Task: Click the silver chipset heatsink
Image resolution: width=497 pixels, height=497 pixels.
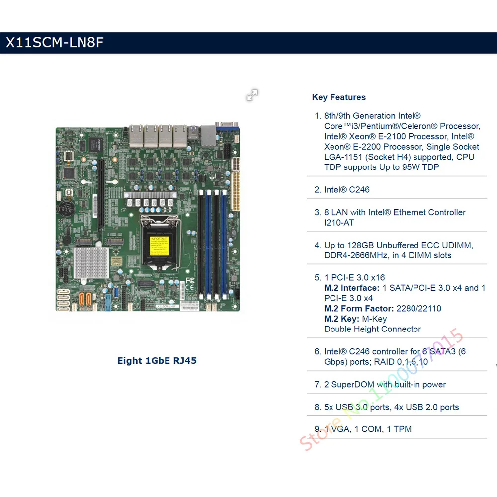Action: tap(91, 262)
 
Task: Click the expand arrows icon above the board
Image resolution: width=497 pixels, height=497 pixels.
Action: tap(252, 95)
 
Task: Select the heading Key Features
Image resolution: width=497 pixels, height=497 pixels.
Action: tap(338, 97)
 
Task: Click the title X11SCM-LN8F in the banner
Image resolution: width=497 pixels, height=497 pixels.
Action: tap(54, 43)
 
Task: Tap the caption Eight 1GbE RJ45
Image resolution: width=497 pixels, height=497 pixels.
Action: tap(157, 360)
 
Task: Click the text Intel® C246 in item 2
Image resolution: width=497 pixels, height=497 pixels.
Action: tap(347, 189)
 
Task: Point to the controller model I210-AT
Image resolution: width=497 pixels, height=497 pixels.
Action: tap(339, 223)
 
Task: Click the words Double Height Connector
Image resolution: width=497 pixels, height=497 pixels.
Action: tap(372, 329)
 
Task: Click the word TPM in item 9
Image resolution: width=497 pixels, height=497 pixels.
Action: tap(402, 429)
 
